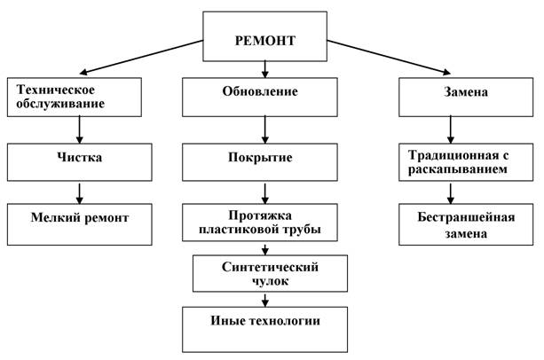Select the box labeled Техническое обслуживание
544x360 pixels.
coord(75,97)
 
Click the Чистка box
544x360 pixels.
coord(75,160)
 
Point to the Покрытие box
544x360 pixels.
coord(265,160)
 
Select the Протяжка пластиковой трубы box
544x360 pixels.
coord(265,223)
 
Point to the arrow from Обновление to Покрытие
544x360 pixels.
coord(265,129)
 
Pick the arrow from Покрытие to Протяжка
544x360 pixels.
coord(265,192)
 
